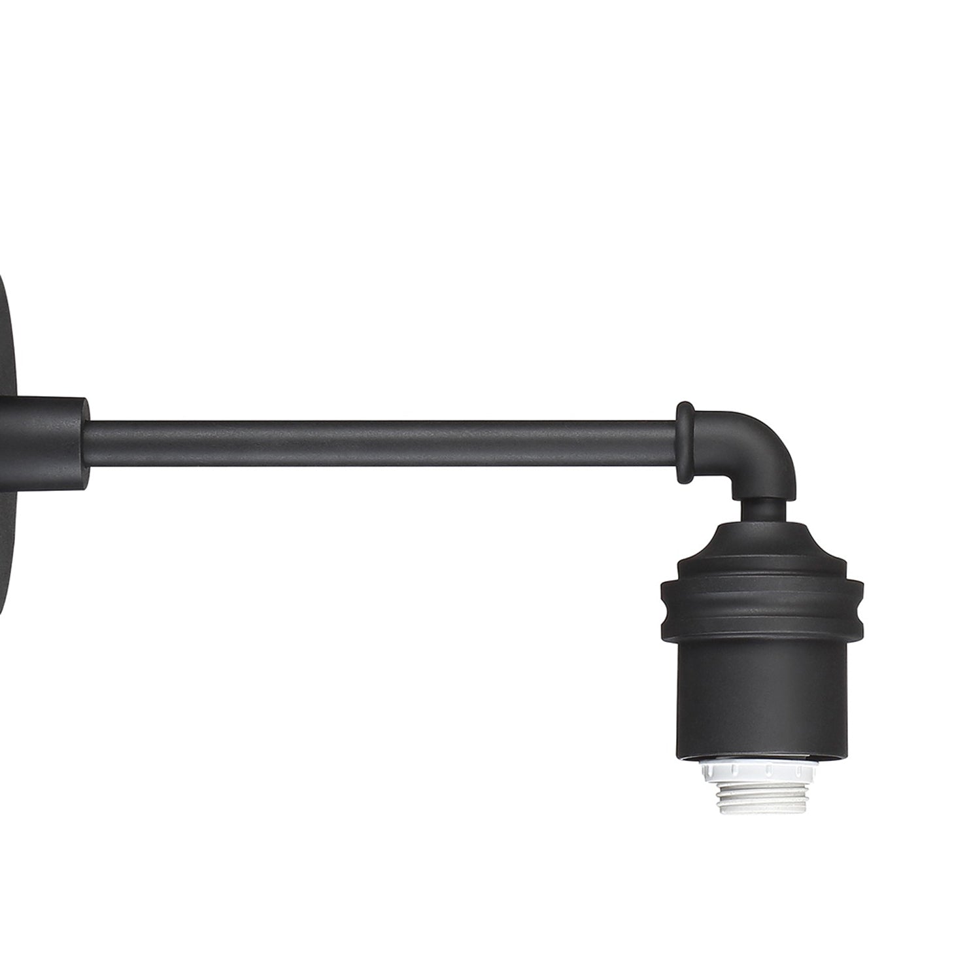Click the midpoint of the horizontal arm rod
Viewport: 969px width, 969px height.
pyautogui.click(x=382, y=444)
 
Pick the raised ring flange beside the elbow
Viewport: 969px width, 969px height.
pyautogui.click(x=685, y=443)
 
